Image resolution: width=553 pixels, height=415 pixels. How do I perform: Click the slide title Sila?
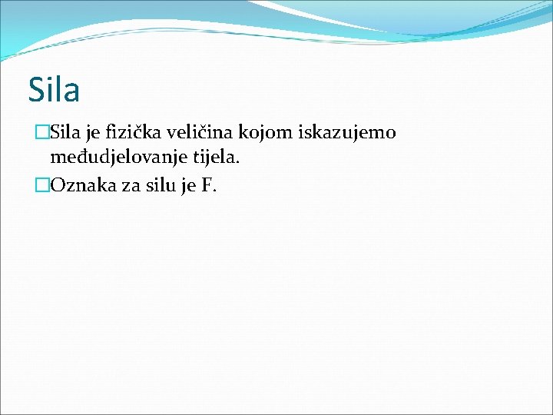(x=54, y=90)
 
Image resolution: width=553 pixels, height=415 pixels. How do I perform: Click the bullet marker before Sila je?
(x=42, y=134)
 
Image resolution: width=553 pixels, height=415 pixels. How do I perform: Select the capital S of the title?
(x=36, y=90)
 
